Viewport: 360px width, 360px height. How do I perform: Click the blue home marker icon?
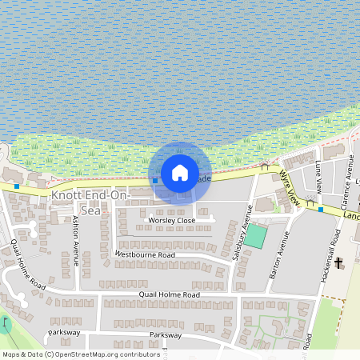pyautogui.click(x=180, y=172)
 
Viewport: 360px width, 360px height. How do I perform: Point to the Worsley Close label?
pyautogui.click(x=171, y=220)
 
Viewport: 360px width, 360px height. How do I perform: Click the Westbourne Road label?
pyautogui.click(x=145, y=254)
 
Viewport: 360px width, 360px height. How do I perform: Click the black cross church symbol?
pyautogui.click(x=339, y=262)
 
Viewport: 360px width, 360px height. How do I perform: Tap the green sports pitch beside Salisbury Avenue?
pyautogui.click(x=255, y=236)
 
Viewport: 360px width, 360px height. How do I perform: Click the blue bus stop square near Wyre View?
pyautogui.click(x=321, y=210)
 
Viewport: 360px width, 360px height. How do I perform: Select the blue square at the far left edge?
pyautogui.click(x=17, y=186)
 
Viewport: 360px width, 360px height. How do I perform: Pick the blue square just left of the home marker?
pyautogui.click(x=155, y=180)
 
